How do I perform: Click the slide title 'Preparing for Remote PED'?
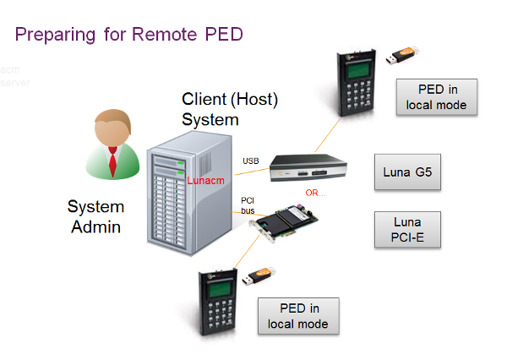point(128,35)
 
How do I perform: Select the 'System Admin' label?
point(95,215)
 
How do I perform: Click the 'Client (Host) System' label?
point(230,109)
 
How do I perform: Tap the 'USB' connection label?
point(251,161)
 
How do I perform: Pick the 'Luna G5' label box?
point(407,172)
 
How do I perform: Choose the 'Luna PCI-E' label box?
point(408,229)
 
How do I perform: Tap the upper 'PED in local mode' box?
point(436,97)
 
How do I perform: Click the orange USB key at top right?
point(401,57)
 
